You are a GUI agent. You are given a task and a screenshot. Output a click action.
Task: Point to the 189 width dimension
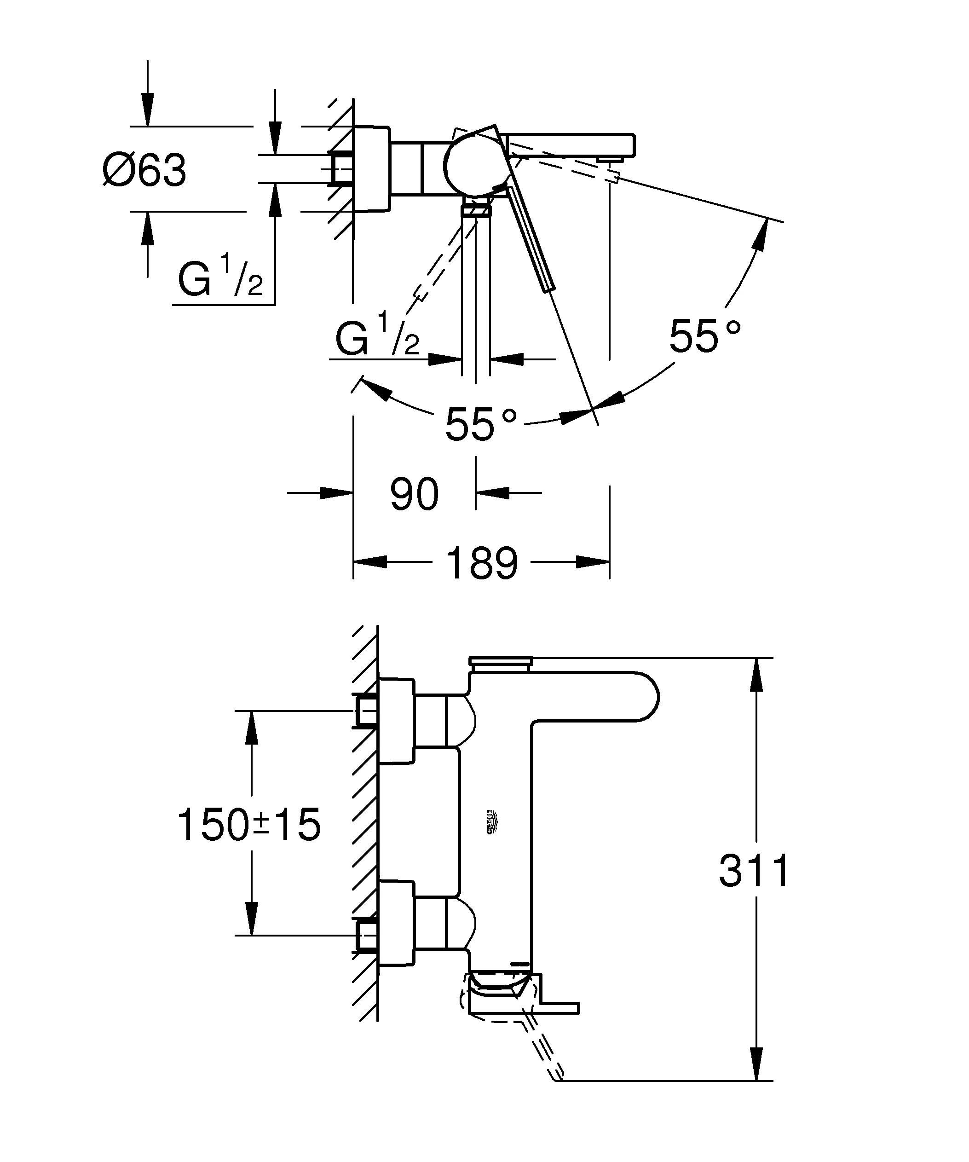[x=482, y=563]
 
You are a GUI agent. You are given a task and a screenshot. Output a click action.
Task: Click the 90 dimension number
[x=414, y=494]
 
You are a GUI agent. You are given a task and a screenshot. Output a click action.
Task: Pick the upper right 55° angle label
[x=704, y=336]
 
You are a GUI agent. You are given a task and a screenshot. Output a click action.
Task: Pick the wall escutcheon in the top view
[x=372, y=168]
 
